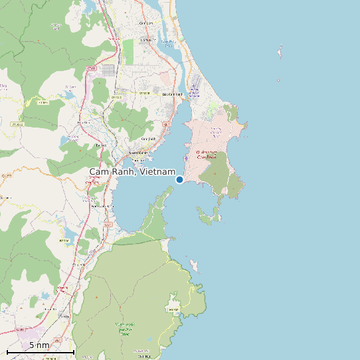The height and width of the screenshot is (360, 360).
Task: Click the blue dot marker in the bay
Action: click(179, 179)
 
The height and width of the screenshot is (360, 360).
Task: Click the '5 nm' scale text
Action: click(39, 345)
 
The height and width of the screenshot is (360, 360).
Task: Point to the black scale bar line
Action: click(40, 351)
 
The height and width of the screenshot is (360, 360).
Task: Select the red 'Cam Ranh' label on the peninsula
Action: click(207, 155)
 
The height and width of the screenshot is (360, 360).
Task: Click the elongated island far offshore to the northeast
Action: click(280, 50)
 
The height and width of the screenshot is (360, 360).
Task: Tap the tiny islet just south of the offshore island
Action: click(278, 80)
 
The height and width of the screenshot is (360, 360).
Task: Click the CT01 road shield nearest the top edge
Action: click(92, 68)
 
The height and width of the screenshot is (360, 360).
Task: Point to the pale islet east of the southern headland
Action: click(195, 266)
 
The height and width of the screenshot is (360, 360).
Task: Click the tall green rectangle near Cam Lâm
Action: click(128, 50)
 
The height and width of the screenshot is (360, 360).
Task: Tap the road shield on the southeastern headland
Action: click(174, 310)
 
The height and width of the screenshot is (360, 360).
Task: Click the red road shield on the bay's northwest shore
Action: click(167, 124)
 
